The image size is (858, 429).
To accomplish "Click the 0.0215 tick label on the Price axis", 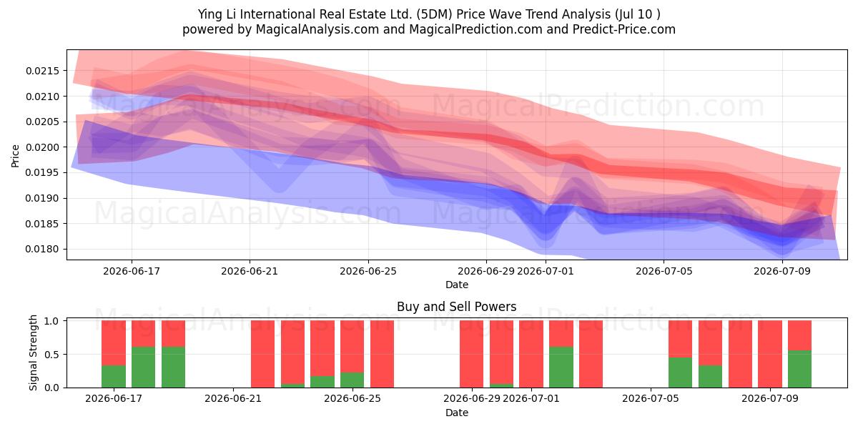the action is point(42,71).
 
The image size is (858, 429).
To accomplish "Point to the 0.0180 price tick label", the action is point(42,250).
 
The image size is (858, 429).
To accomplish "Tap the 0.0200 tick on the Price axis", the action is point(42,147).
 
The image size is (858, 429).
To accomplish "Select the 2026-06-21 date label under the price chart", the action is point(250,271).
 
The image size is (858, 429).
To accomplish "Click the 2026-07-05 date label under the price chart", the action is point(664,271).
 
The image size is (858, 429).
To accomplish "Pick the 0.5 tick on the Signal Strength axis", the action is point(51,355).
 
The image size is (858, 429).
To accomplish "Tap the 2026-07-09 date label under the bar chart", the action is point(770,399).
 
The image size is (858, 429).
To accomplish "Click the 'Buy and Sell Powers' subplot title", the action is point(457,307).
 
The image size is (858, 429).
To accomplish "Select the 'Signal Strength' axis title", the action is point(34,352).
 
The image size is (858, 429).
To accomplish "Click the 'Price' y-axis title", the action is point(15,156).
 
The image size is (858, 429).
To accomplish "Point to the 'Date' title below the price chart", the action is point(457,285).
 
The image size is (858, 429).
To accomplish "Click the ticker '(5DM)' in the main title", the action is point(435,14).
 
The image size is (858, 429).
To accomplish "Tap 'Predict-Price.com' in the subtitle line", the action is point(624,29).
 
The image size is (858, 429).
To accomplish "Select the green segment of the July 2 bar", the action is point(561,368).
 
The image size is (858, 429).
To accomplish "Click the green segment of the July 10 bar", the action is point(800,369).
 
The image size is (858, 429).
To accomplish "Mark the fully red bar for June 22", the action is point(263,355).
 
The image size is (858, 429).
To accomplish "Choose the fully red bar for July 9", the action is point(770,355).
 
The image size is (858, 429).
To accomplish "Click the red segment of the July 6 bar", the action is point(680,339).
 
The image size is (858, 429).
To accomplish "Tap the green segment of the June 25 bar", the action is point(352,380).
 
